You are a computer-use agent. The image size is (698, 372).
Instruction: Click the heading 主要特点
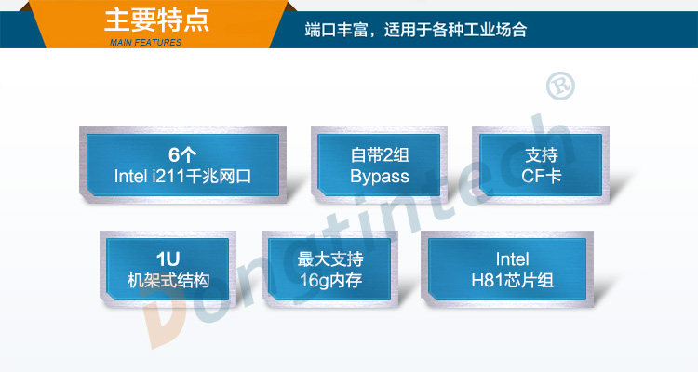pyautogui.click(x=156, y=19)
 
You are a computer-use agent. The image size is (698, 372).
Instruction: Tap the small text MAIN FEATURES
pyautogui.click(x=145, y=43)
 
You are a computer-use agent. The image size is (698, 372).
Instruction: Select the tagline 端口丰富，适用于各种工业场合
pyautogui.click(x=416, y=30)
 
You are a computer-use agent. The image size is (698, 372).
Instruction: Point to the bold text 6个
pyautogui.click(x=182, y=154)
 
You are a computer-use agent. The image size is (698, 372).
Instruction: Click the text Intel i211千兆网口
pyautogui.click(x=182, y=176)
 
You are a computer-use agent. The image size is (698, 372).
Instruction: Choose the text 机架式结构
pyautogui.click(x=168, y=280)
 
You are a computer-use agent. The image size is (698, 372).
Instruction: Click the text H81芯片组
pyautogui.click(x=512, y=280)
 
